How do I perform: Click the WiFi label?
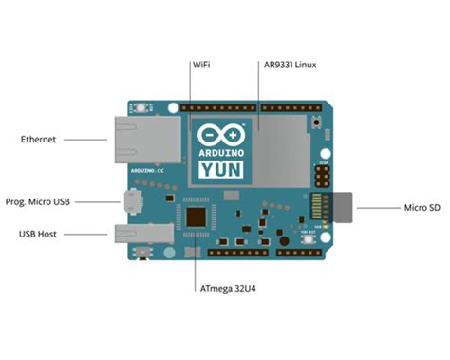click(200, 65)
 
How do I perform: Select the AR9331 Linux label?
click(290, 65)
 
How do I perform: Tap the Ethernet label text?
click(39, 140)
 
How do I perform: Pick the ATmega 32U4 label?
click(228, 287)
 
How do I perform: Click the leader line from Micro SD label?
click(374, 207)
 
